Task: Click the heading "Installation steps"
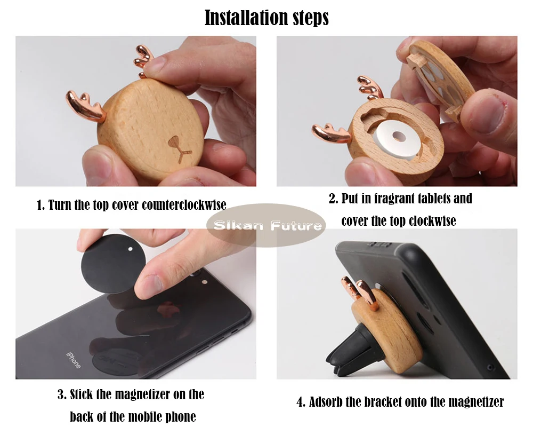(x=267, y=17)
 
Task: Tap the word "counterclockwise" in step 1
(x=184, y=205)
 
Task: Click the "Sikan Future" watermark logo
(x=266, y=225)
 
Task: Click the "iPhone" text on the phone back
(x=74, y=360)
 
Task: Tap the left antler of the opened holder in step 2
(x=331, y=132)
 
